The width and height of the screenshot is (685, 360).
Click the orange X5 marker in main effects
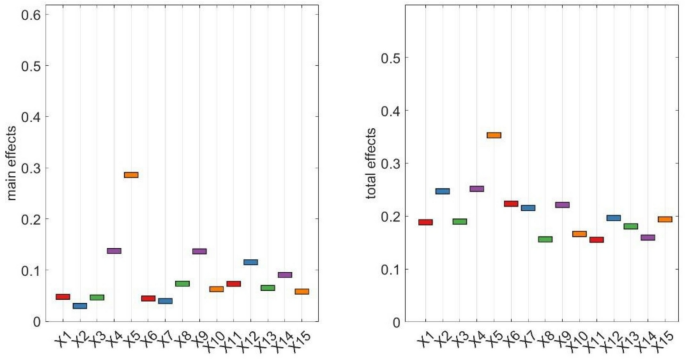click(131, 175)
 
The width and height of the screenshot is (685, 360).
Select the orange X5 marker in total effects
click(494, 135)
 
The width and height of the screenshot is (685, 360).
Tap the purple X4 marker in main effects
click(114, 251)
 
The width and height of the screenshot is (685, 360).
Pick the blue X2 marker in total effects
click(442, 191)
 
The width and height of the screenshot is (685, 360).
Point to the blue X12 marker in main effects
click(250, 262)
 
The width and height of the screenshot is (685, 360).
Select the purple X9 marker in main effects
click(199, 251)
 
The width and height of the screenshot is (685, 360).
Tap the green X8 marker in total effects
click(545, 239)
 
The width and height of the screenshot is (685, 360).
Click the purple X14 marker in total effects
click(648, 238)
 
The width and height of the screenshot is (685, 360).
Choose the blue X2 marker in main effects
click(80, 306)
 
